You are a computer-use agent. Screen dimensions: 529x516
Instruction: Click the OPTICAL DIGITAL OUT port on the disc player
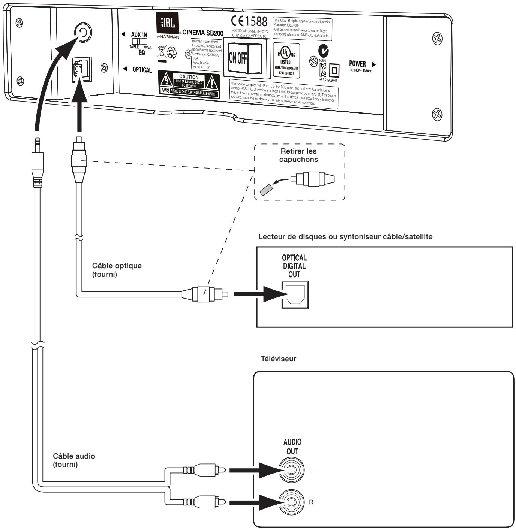295,294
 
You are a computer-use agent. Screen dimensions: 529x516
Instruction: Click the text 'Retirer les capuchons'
298,155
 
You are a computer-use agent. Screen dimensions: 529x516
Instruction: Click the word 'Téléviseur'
278,359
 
